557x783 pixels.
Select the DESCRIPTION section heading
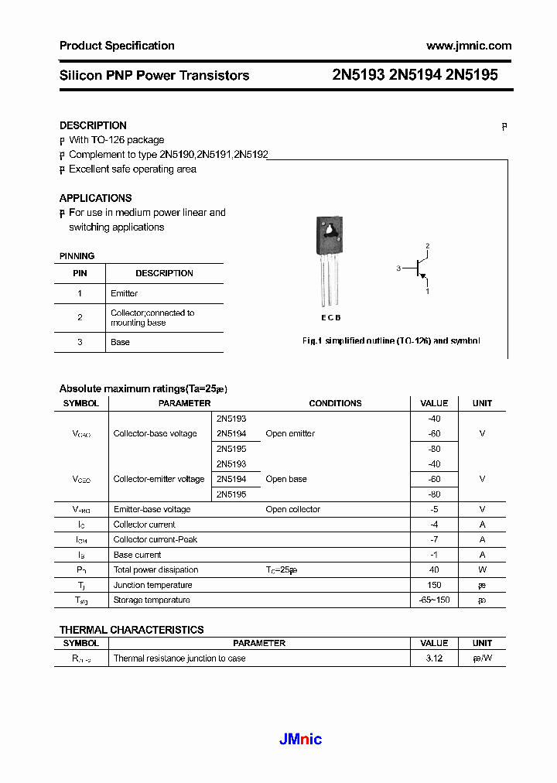coord(93,125)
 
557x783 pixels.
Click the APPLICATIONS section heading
coord(95,198)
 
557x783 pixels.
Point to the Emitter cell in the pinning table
coord(124,293)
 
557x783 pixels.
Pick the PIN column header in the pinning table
coord(80,273)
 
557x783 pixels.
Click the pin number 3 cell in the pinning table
coord(80,342)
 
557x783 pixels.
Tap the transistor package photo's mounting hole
coord(330,231)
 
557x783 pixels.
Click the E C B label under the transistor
coord(330,318)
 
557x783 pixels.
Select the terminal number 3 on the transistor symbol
coord(398,268)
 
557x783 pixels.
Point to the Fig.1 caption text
coord(391,341)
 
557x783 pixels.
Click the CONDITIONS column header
coord(335,403)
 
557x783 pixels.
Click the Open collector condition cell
coord(292,509)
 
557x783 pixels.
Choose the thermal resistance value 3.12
coord(433,658)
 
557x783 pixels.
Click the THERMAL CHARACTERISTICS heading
coord(132,630)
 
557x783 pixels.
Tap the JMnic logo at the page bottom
coord(300,740)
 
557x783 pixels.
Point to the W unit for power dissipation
coord(482,570)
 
